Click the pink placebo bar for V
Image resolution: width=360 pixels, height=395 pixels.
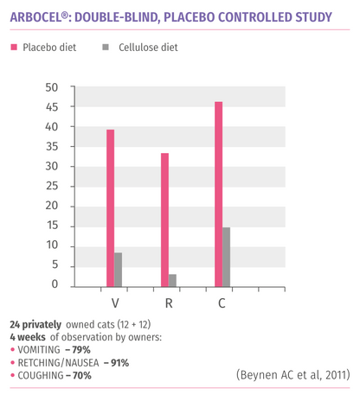point(111,208)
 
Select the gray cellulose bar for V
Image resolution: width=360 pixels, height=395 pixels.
point(118,270)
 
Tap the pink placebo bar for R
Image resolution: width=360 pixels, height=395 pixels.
point(164,220)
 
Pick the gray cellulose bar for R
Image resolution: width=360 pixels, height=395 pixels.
point(172,280)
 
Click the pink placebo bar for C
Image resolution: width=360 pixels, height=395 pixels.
point(219,194)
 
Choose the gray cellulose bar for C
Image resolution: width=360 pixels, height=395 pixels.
point(226,257)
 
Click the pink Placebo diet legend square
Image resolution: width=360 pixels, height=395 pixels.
point(14,47)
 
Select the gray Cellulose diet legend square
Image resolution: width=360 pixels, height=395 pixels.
point(106,47)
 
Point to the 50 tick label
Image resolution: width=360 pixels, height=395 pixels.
point(52,87)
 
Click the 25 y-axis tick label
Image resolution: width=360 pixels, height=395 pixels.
point(52,186)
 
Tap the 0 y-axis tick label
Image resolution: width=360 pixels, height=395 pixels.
point(55,284)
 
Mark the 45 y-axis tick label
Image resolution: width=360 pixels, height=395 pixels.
point(52,107)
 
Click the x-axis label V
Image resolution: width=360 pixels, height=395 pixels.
point(115,303)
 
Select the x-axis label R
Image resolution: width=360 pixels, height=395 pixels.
point(169,303)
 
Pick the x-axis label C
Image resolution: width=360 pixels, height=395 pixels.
point(222,303)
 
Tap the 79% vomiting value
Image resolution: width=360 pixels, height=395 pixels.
point(81,350)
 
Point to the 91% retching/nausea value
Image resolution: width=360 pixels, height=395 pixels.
point(119,363)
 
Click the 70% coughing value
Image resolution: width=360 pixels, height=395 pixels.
point(82,376)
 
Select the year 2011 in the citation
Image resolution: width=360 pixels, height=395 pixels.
point(336,375)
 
